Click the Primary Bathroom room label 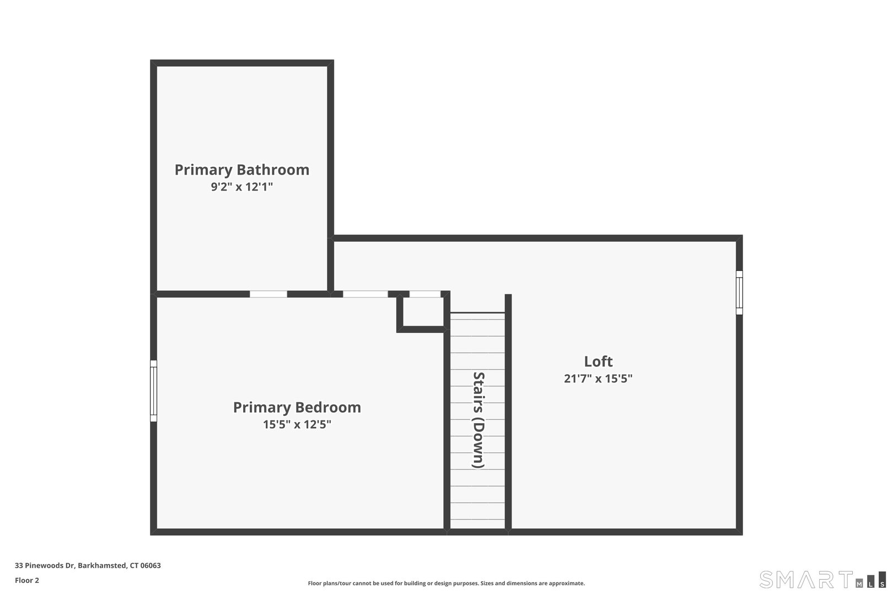(242, 170)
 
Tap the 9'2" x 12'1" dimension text (242, 187)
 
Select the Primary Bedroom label (297, 408)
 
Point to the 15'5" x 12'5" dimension (297, 425)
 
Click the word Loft (598, 361)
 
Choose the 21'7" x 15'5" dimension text (598, 379)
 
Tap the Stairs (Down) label (478, 420)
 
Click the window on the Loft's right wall (739, 293)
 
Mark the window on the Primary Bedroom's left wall (154, 391)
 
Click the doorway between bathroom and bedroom (268, 294)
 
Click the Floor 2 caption (27, 580)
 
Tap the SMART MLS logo (822, 580)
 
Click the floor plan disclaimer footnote (446, 583)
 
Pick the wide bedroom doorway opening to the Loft (365, 294)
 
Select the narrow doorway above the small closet (425, 294)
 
